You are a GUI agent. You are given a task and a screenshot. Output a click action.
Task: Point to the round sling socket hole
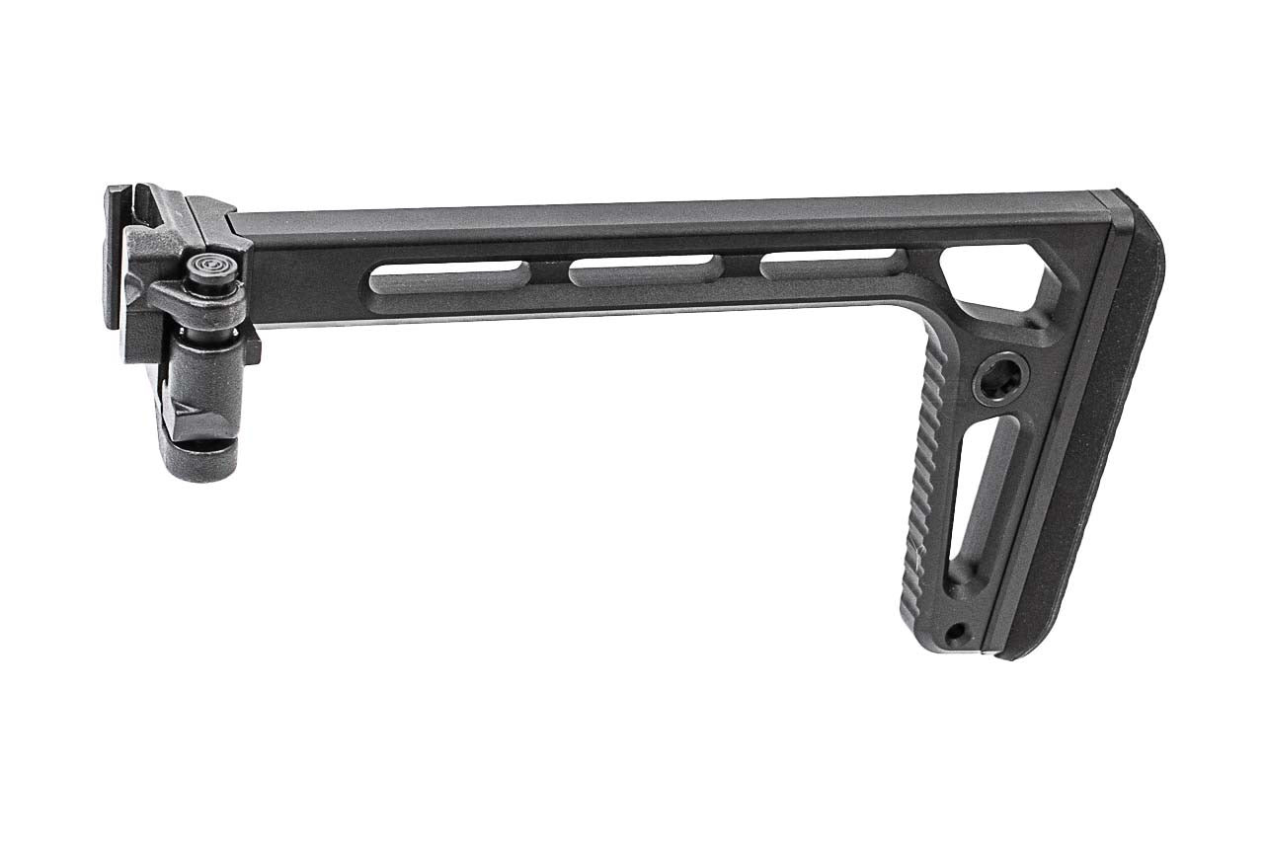click(x=1000, y=378)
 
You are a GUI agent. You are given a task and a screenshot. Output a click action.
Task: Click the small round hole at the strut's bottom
click(x=954, y=630)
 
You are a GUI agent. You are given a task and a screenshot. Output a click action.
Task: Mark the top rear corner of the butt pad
click(x=1136, y=197)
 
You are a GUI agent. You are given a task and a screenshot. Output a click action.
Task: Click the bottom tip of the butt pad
click(x=1017, y=652)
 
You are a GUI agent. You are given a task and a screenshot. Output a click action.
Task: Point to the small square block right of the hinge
click(x=251, y=346)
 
